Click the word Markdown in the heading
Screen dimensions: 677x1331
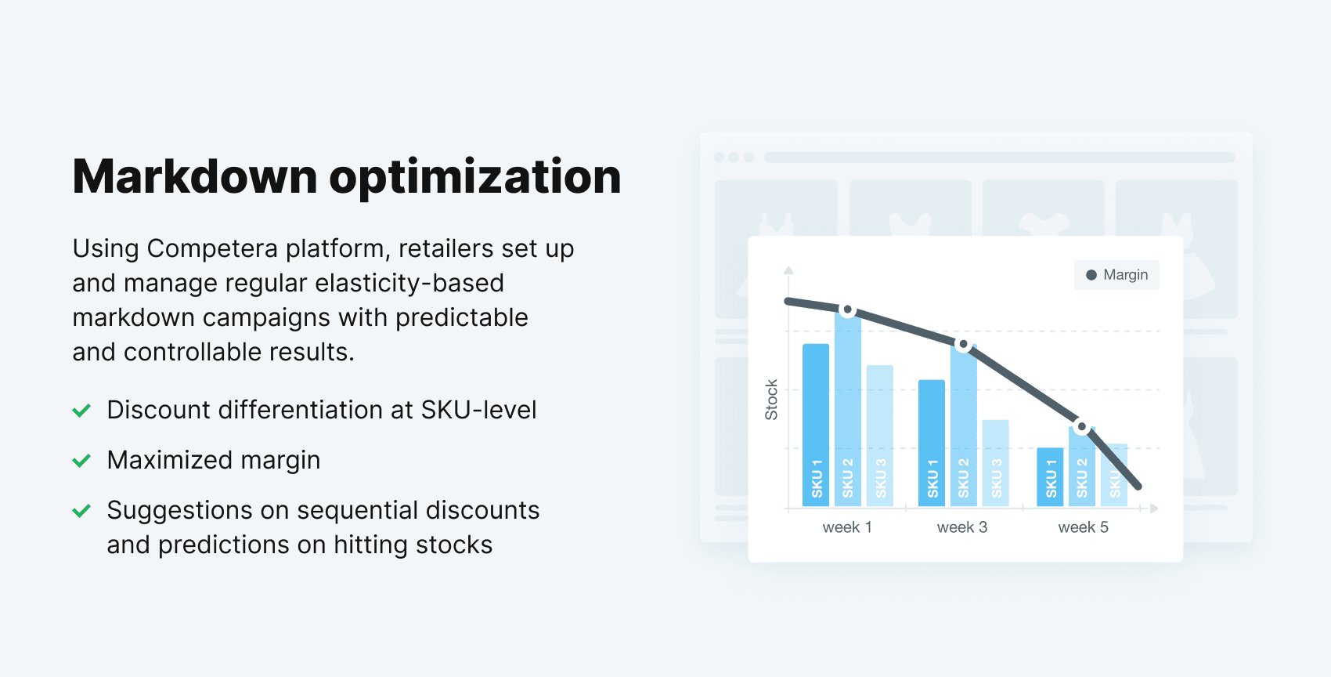tap(195, 176)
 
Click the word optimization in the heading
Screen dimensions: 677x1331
tap(475, 178)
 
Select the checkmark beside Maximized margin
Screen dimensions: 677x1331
tap(81, 460)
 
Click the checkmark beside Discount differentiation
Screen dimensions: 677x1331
tap(81, 410)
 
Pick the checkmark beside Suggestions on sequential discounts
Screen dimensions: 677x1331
tap(81, 511)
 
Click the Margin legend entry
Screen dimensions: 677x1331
tap(1116, 275)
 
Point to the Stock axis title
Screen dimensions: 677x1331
tap(771, 400)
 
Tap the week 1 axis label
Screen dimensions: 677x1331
tap(847, 527)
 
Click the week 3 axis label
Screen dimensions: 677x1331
tap(962, 527)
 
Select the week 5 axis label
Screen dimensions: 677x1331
tap(1083, 527)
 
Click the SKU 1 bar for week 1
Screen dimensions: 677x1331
tap(816, 423)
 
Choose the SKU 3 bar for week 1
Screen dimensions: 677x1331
tap(880, 435)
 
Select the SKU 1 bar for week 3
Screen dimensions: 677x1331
tap(932, 443)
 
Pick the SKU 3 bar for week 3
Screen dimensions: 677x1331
tap(996, 462)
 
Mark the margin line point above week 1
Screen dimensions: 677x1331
tap(847, 310)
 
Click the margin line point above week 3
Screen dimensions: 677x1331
tap(964, 345)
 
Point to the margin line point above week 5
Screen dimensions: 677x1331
tap(1081, 427)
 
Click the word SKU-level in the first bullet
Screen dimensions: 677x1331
tap(478, 410)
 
